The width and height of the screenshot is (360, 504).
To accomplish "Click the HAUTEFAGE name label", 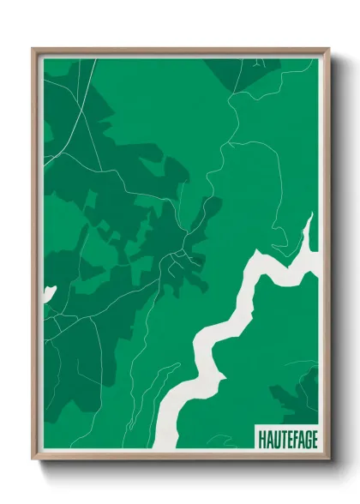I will pyautogui.click(x=286, y=438).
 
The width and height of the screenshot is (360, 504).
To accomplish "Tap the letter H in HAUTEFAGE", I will pyautogui.click(x=261, y=438).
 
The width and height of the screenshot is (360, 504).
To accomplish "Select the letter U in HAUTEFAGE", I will pyautogui.click(x=274, y=438).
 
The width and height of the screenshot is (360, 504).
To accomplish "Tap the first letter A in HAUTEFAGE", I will pyautogui.click(x=267, y=438).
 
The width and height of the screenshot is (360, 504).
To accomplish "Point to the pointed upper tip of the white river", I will pyautogui.click(x=311, y=214).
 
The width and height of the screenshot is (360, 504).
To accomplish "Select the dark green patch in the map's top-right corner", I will pyautogui.click(x=231, y=73).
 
